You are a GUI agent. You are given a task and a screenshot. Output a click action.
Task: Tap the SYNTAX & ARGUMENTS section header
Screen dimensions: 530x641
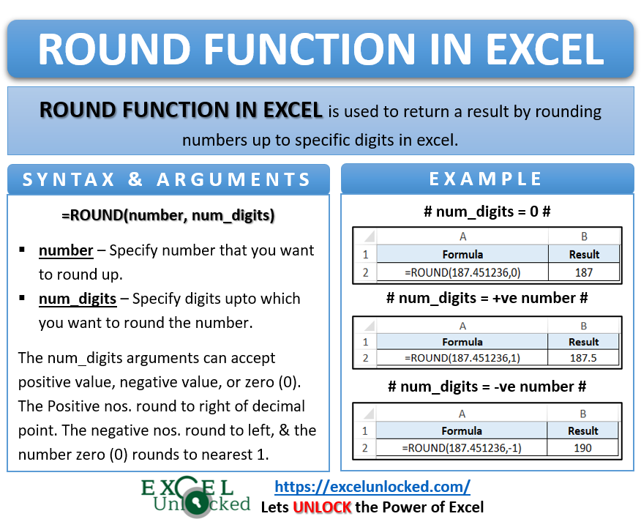(168, 179)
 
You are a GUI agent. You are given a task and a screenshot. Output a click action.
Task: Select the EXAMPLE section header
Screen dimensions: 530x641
(486, 179)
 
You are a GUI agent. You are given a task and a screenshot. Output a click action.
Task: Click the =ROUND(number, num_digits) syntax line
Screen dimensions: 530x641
(168, 215)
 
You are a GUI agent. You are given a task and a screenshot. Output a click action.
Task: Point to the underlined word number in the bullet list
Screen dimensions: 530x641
(66, 250)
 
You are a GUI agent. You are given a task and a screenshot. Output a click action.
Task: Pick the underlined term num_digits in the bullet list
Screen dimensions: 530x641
(78, 299)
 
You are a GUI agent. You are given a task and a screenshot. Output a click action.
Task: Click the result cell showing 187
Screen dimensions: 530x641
(583, 272)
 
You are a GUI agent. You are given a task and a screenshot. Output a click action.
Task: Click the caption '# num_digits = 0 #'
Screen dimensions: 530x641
(487, 212)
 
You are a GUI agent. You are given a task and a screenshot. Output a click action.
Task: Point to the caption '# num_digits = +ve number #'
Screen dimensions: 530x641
(487, 298)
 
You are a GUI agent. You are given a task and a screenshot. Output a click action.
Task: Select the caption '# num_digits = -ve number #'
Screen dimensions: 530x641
(487, 387)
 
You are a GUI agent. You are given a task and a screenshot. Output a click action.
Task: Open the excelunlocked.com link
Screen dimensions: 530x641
(372, 486)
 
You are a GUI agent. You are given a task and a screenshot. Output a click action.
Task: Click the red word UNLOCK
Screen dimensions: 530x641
(322, 507)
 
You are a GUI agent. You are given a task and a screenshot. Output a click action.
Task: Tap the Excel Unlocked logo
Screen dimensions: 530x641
(195, 496)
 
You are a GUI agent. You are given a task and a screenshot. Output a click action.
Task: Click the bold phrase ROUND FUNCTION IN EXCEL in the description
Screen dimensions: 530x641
(181, 111)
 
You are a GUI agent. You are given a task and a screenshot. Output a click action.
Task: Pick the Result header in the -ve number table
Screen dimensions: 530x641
(583, 430)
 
